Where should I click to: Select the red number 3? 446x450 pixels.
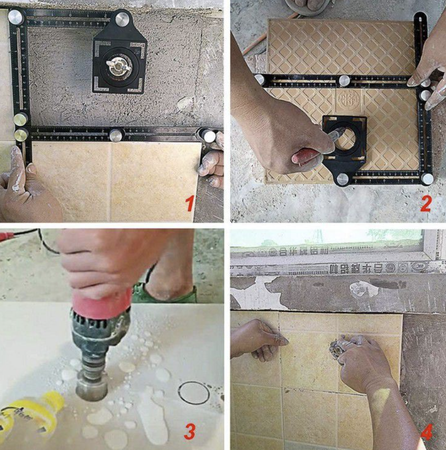[x=190, y=431]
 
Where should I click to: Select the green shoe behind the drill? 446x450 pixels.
[x=167, y=294]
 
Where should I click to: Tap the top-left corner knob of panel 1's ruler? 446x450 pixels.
[x=15, y=18]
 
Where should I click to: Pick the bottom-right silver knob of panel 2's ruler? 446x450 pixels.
[x=427, y=179]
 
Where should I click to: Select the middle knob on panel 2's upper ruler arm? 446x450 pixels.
[x=345, y=80]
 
